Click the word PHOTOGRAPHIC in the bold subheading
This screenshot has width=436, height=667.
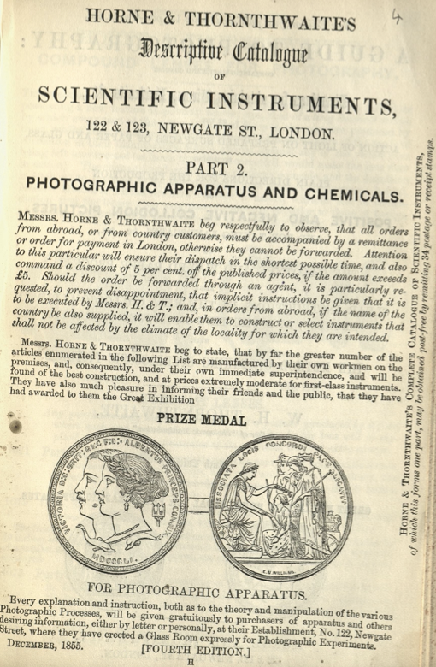click(x=102, y=186)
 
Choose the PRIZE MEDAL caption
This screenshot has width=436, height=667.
click(x=203, y=420)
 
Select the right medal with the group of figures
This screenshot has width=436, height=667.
click(x=280, y=496)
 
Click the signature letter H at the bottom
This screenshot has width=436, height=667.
click(x=190, y=661)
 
